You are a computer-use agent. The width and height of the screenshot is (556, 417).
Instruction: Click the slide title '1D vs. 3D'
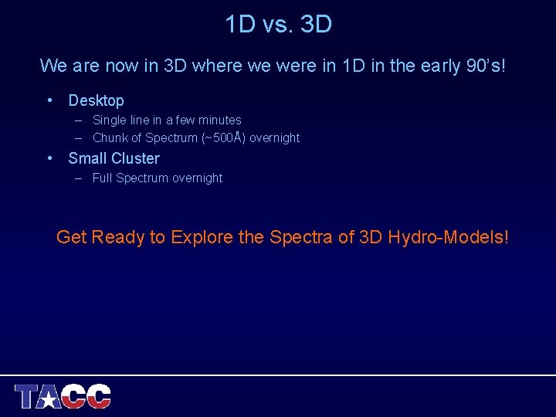[x=278, y=25]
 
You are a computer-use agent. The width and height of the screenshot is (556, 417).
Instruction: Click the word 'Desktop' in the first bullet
[x=96, y=100]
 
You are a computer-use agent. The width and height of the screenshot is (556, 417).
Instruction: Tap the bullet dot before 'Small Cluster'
[x=49, y=158]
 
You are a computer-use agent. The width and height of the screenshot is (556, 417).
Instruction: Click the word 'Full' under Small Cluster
[x=102, y=178]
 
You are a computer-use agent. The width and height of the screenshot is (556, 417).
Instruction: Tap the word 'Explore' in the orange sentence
[x=202, y=237]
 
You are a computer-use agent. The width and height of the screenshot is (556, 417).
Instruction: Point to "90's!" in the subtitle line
[x=486, y=66]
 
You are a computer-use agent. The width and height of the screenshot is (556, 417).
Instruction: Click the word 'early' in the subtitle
[x=439, y=66]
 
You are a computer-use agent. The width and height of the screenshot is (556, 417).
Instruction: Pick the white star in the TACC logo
[x=50, y=398]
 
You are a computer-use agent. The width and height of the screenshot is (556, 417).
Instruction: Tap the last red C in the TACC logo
[x=99, y=396]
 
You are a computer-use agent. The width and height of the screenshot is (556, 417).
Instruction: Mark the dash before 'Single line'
[x=80, y=120]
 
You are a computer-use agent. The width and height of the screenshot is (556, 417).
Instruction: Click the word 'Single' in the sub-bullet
[x=110, y=120]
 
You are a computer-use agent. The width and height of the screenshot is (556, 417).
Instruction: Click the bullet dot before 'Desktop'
[x=49, y=100]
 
